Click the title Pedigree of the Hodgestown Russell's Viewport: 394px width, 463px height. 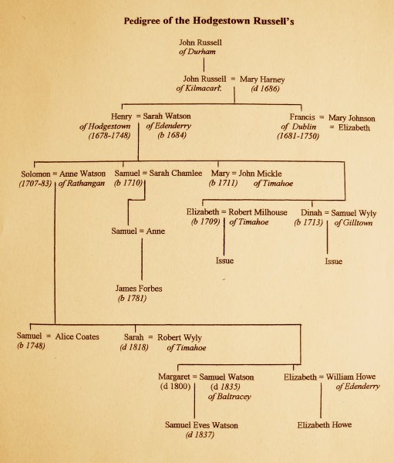[x=209, y=22]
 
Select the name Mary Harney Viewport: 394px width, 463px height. [x=262, y=79]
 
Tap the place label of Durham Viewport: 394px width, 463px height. [x=197, y=52]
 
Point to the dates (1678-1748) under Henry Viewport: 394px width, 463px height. [x=109, y=136]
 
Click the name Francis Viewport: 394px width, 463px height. [x=302, y=117]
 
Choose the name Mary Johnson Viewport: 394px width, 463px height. [x=352, y=118]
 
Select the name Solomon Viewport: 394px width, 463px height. [x=35, y=174]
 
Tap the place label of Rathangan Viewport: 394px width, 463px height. [x=82, y=184]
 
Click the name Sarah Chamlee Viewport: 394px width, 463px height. [x=175, y=173]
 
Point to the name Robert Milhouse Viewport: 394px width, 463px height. [x=258, y=212]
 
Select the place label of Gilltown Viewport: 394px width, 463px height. [x=353, y=223]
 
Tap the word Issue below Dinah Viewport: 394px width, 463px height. [x=334, y=261]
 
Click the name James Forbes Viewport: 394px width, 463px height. [x=139, y=288]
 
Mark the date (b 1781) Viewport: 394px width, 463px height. [x=132, y=298]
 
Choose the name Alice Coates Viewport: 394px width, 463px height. [x=77, y=336]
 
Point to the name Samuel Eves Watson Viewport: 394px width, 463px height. [x=201, y=425]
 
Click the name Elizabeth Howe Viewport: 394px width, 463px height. [x=325, y=424]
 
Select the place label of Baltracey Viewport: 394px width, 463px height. [x=229, y=397]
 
